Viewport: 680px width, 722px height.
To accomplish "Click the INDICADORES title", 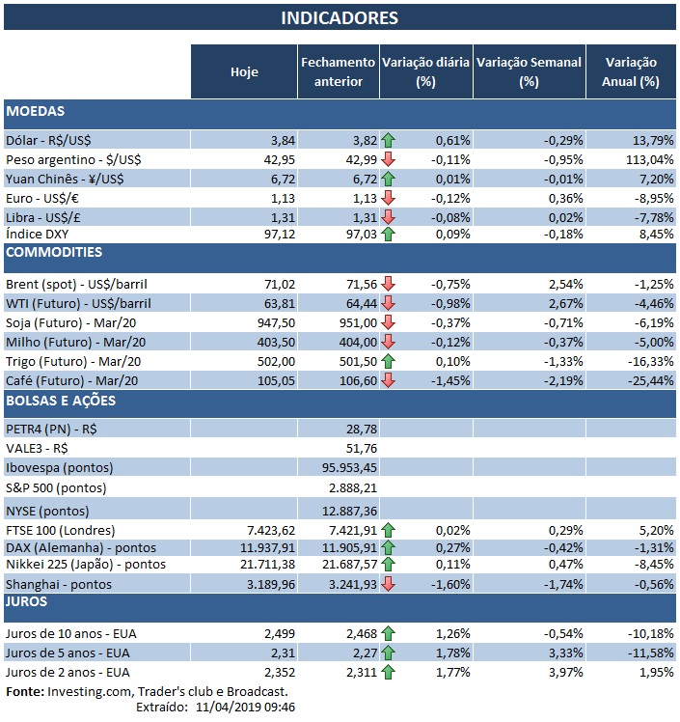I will [x=340, y=18].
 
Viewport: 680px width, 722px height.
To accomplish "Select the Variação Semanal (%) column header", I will [x=529, y=71].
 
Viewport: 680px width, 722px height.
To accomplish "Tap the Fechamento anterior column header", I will [x=338, y=71].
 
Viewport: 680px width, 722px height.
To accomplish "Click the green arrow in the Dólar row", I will [x=389, y=140].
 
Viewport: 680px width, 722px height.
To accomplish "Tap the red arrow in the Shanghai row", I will [x=389, y=584].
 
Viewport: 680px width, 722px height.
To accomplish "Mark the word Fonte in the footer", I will [x=25, y=691].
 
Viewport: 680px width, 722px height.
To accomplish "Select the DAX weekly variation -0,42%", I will [x=560, y=547].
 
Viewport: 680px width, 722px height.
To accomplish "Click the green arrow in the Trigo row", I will [x=389, y=360].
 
